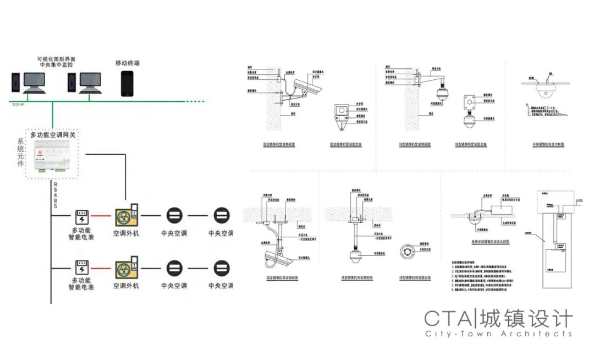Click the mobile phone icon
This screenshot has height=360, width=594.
tap(127, 84)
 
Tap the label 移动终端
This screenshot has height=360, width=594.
tap(127, 63)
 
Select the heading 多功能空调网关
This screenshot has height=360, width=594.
tap(53, 134)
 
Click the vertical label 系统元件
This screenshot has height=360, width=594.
tap(21, 156)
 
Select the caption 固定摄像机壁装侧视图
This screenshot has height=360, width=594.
tap(279, 145)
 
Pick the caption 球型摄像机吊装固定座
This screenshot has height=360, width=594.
tap(415, 278)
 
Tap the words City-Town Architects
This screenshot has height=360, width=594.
tap(498, 334)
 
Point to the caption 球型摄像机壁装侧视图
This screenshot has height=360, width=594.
tap(415, 145)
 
